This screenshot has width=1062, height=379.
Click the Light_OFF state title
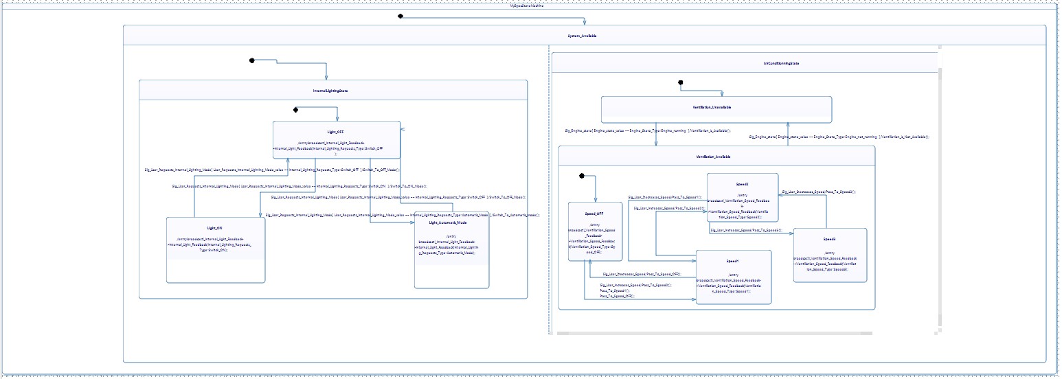click(336, 130)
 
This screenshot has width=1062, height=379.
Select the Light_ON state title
click(215, 227)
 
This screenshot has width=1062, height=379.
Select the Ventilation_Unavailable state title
click(716, 107)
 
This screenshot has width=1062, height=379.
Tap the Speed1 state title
click(733, 261)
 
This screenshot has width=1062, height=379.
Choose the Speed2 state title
click(742, 184)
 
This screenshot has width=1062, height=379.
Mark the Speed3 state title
click(829, 239)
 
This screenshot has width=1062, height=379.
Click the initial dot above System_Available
click(400, 16)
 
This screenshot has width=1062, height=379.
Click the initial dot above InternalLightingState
click(252, 61)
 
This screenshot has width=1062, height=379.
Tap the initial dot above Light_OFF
click(295, 109)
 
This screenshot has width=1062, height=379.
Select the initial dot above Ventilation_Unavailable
click(680, 83)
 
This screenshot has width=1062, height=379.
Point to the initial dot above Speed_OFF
click(582, 176)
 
